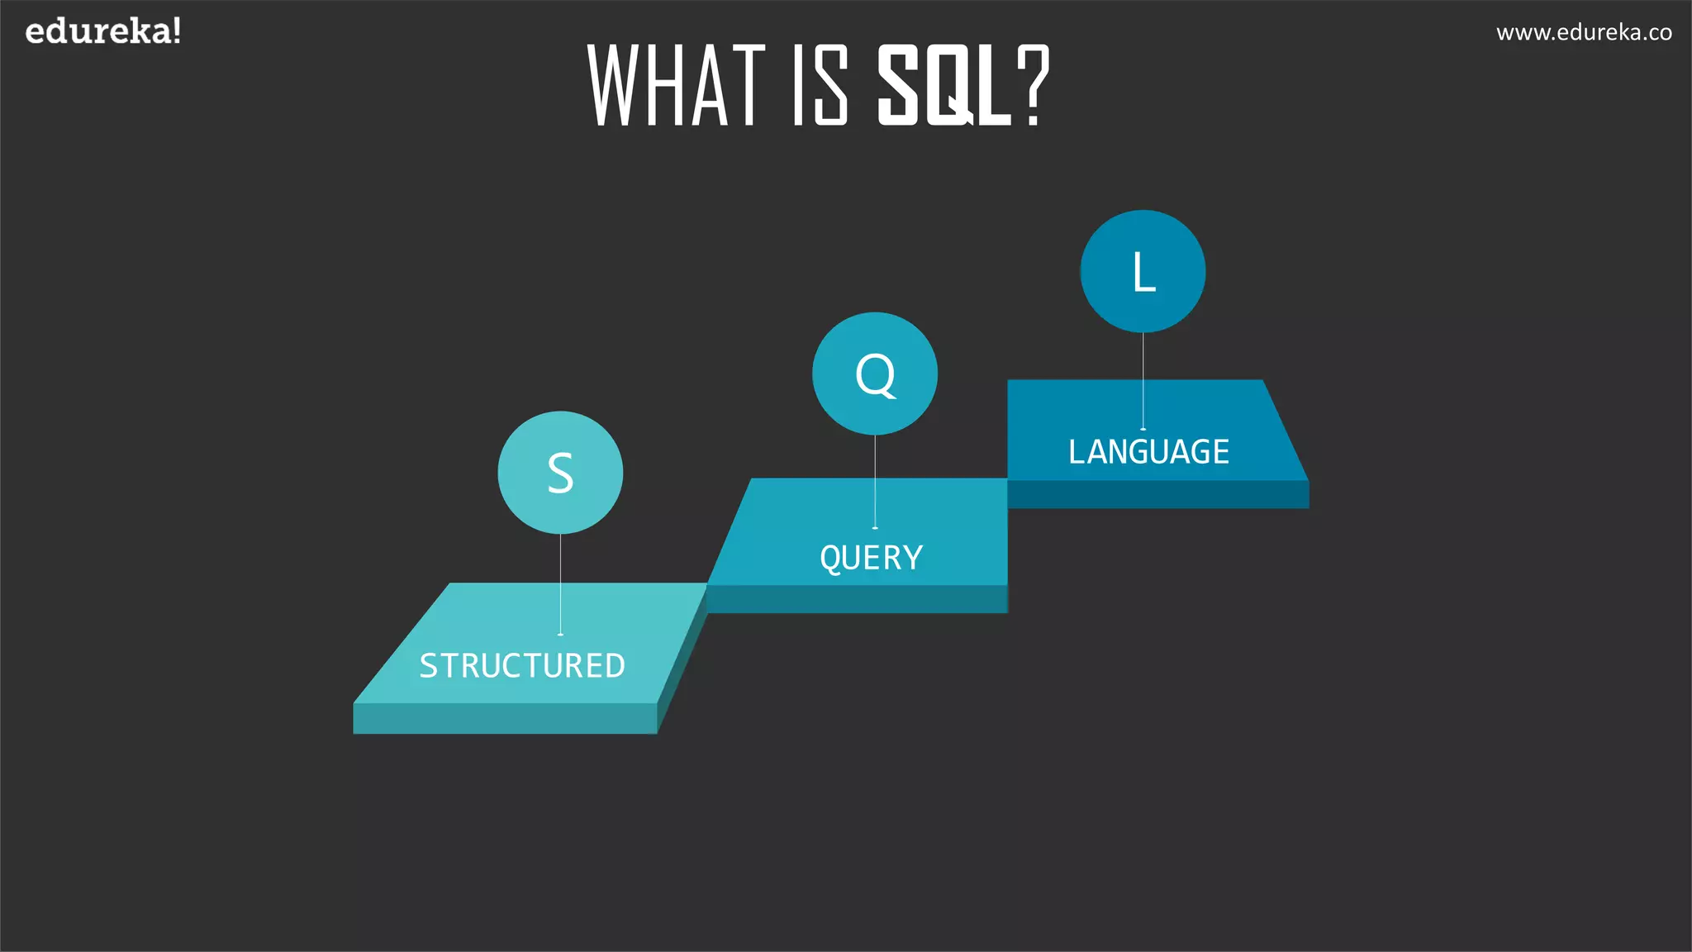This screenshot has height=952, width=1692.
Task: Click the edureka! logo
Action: click(x=102, y=32)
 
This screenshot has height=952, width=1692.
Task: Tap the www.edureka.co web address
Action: click(x=1583, y=33)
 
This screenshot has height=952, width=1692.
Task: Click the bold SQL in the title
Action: click(x=944, y=86)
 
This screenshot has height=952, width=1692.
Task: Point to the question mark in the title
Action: click(x=1033, y=86)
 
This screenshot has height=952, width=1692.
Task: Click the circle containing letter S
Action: click(x=560, y=473)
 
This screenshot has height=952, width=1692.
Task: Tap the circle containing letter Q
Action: click(x=875, y=374)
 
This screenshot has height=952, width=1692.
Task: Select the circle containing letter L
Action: click(x=1143, y=272)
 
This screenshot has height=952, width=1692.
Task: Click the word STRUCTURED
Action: click(x=522, y=666)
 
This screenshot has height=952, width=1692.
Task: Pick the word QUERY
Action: click(x=871, y=558)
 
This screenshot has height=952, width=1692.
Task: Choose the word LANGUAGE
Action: click(x=1148, y=452)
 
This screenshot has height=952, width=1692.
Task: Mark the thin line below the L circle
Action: click(x=1143, y=380)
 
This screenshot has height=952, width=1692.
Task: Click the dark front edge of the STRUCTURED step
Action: click(x=504, y=718)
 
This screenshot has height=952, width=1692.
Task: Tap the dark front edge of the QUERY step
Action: click(x=857, y=599)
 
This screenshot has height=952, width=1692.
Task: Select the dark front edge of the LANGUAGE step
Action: click(x=1157, y=494)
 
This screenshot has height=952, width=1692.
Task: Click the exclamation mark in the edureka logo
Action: click(x=176, y=31)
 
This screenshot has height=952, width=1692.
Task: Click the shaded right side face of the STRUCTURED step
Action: click(x=682, y=661)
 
